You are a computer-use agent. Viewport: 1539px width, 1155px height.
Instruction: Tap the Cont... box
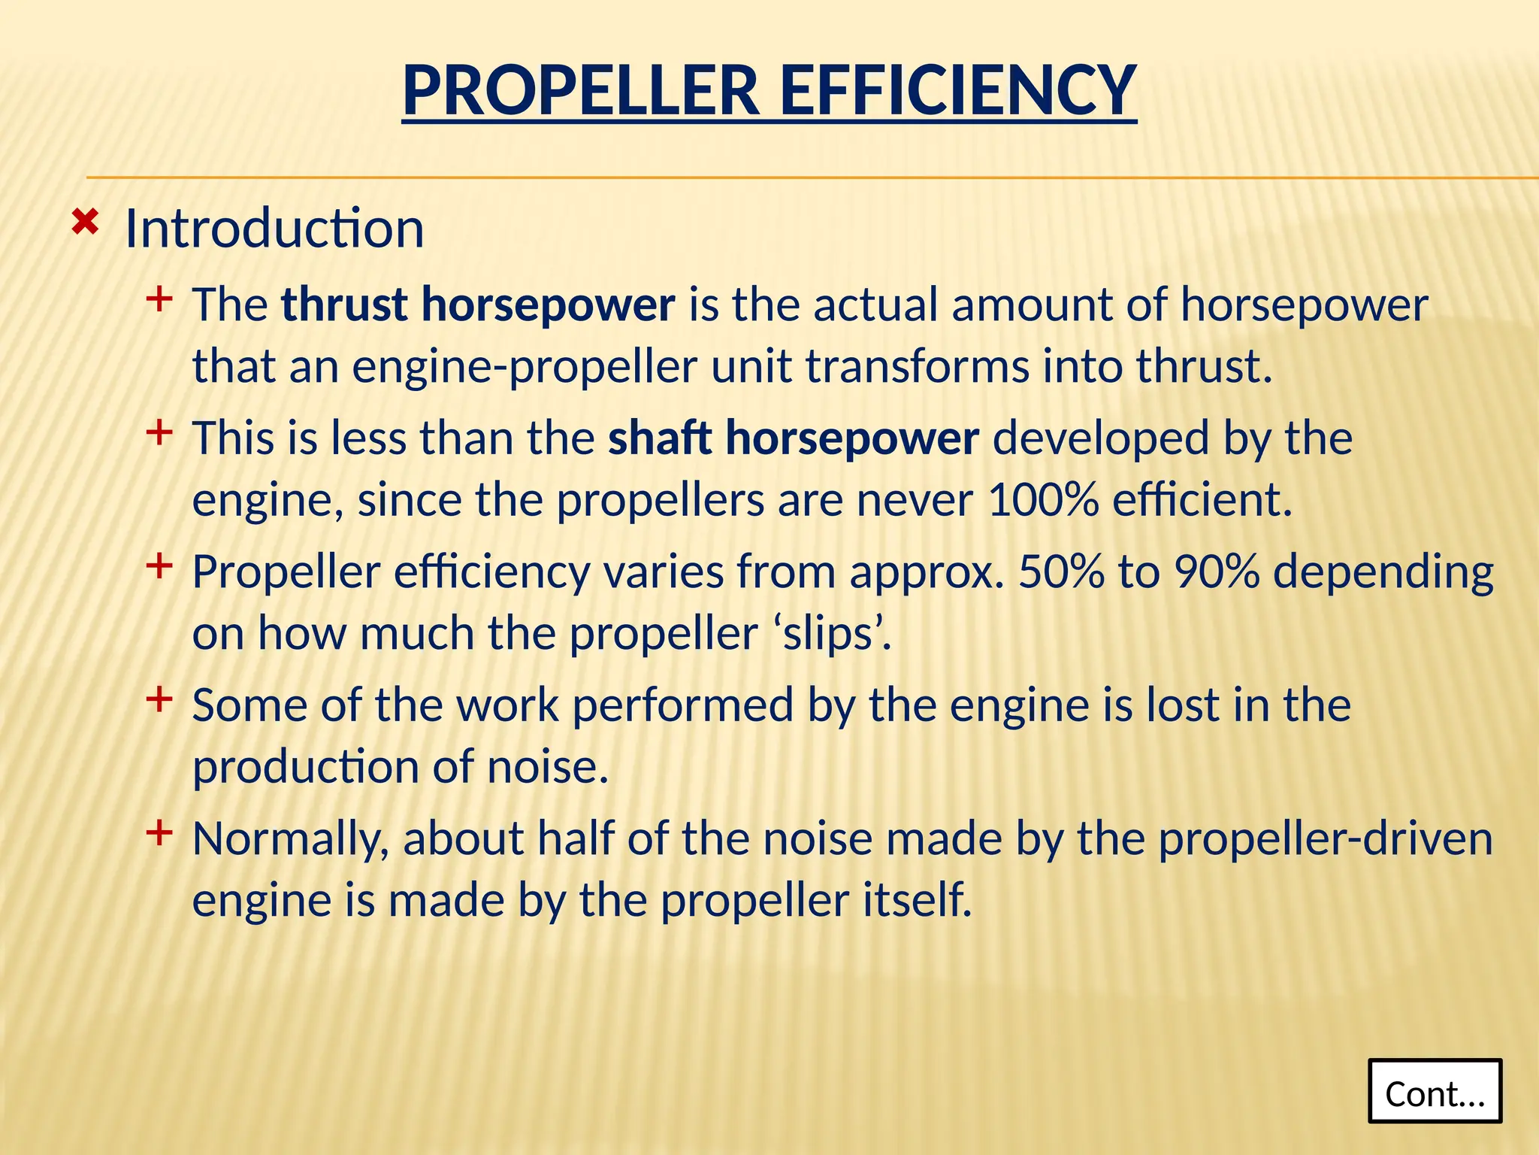1435,1092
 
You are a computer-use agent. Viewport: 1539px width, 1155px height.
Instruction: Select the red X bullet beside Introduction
85,223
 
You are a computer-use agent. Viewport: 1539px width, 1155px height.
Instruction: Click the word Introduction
274,229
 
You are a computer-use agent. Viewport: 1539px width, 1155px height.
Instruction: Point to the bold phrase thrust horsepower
478,305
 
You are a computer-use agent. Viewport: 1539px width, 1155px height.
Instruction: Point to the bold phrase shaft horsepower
794,438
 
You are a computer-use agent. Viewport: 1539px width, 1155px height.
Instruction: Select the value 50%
1061,572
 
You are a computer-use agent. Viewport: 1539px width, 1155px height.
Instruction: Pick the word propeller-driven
1325,839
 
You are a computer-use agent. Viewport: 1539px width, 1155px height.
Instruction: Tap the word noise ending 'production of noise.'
547,768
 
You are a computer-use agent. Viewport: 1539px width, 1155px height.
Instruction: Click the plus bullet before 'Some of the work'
159,700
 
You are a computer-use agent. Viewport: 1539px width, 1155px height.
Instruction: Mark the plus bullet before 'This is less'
159,433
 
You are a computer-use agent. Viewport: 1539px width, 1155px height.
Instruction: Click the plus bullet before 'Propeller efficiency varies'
159,565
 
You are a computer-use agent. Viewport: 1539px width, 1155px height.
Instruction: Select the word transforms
917,368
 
